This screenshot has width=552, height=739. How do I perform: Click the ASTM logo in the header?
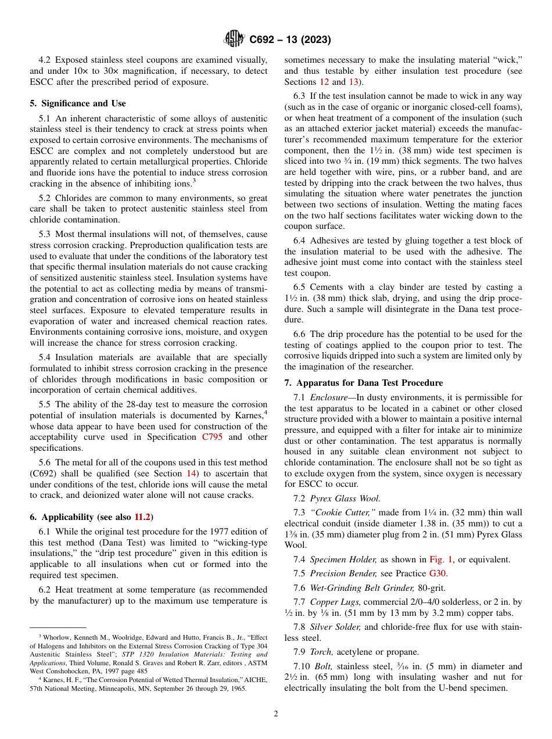point(234,40)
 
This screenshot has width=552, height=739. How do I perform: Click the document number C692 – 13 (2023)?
point(290,40)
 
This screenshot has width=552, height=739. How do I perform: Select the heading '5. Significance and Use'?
point(78,103)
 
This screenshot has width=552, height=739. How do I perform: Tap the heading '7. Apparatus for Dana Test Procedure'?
point(364,383)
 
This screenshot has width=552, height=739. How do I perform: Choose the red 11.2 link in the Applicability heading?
point(143,517)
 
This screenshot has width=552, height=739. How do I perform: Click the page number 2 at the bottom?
point(276,714)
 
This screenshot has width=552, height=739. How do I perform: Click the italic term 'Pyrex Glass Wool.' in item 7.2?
point(345,498)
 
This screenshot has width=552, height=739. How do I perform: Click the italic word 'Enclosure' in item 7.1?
point(329,397)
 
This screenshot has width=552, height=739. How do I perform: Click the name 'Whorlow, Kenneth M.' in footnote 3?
point(69,637)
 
